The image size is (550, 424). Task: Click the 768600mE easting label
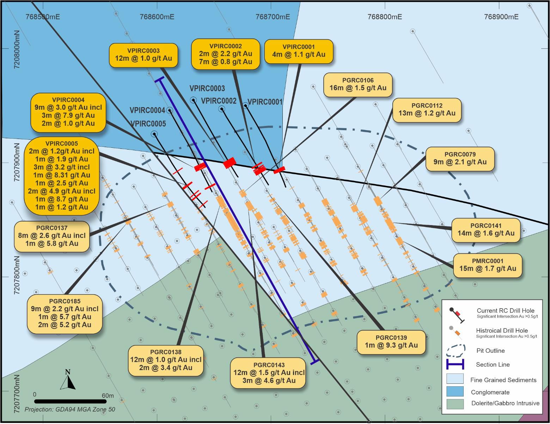157,17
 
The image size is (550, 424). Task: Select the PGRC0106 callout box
358,85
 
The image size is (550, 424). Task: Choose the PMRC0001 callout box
487,265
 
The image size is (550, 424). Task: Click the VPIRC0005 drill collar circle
154,134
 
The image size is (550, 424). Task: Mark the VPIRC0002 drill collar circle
222,109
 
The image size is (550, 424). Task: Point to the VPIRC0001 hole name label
265,102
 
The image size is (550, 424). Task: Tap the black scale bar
70,401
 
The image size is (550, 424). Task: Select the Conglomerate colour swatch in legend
455,392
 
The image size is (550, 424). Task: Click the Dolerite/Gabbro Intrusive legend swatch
455,404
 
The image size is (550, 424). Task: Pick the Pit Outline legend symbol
456,350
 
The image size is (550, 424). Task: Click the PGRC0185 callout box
65,313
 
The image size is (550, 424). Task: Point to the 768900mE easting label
501,17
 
